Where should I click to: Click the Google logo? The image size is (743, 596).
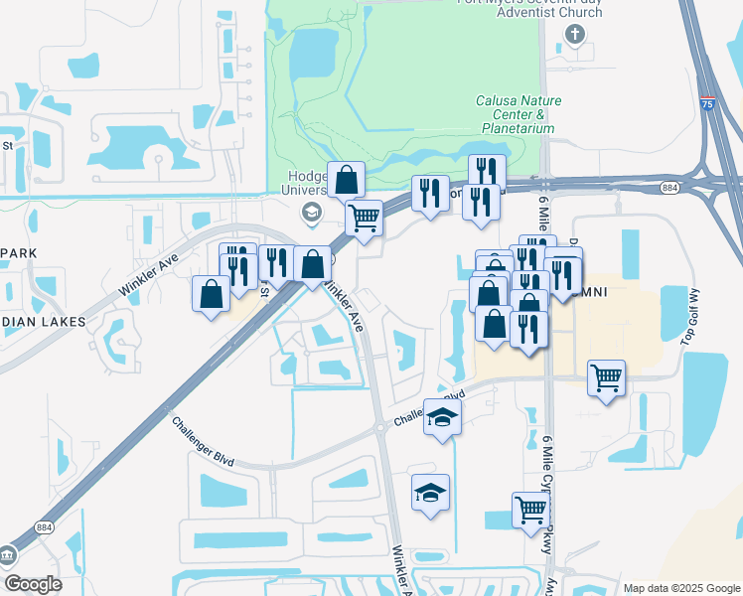click(x=33, y=584)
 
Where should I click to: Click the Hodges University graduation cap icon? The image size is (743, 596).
click(x=311, y=212)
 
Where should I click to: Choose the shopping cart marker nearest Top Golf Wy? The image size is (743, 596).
click(x=606, y=377)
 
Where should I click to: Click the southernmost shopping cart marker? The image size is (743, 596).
click(x=531, y=510)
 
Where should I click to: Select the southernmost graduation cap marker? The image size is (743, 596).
click(x=430, y=493)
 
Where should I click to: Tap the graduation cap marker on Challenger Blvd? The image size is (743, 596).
click(x=442, y=417)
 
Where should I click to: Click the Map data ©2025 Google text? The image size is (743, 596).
click(x=681, y=587)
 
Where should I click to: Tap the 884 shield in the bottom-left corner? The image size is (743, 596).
click(x=44, y=527)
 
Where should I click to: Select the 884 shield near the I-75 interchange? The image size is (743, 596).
click(x=670, y=186)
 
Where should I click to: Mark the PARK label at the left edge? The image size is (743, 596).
click(x=18, y=253)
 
